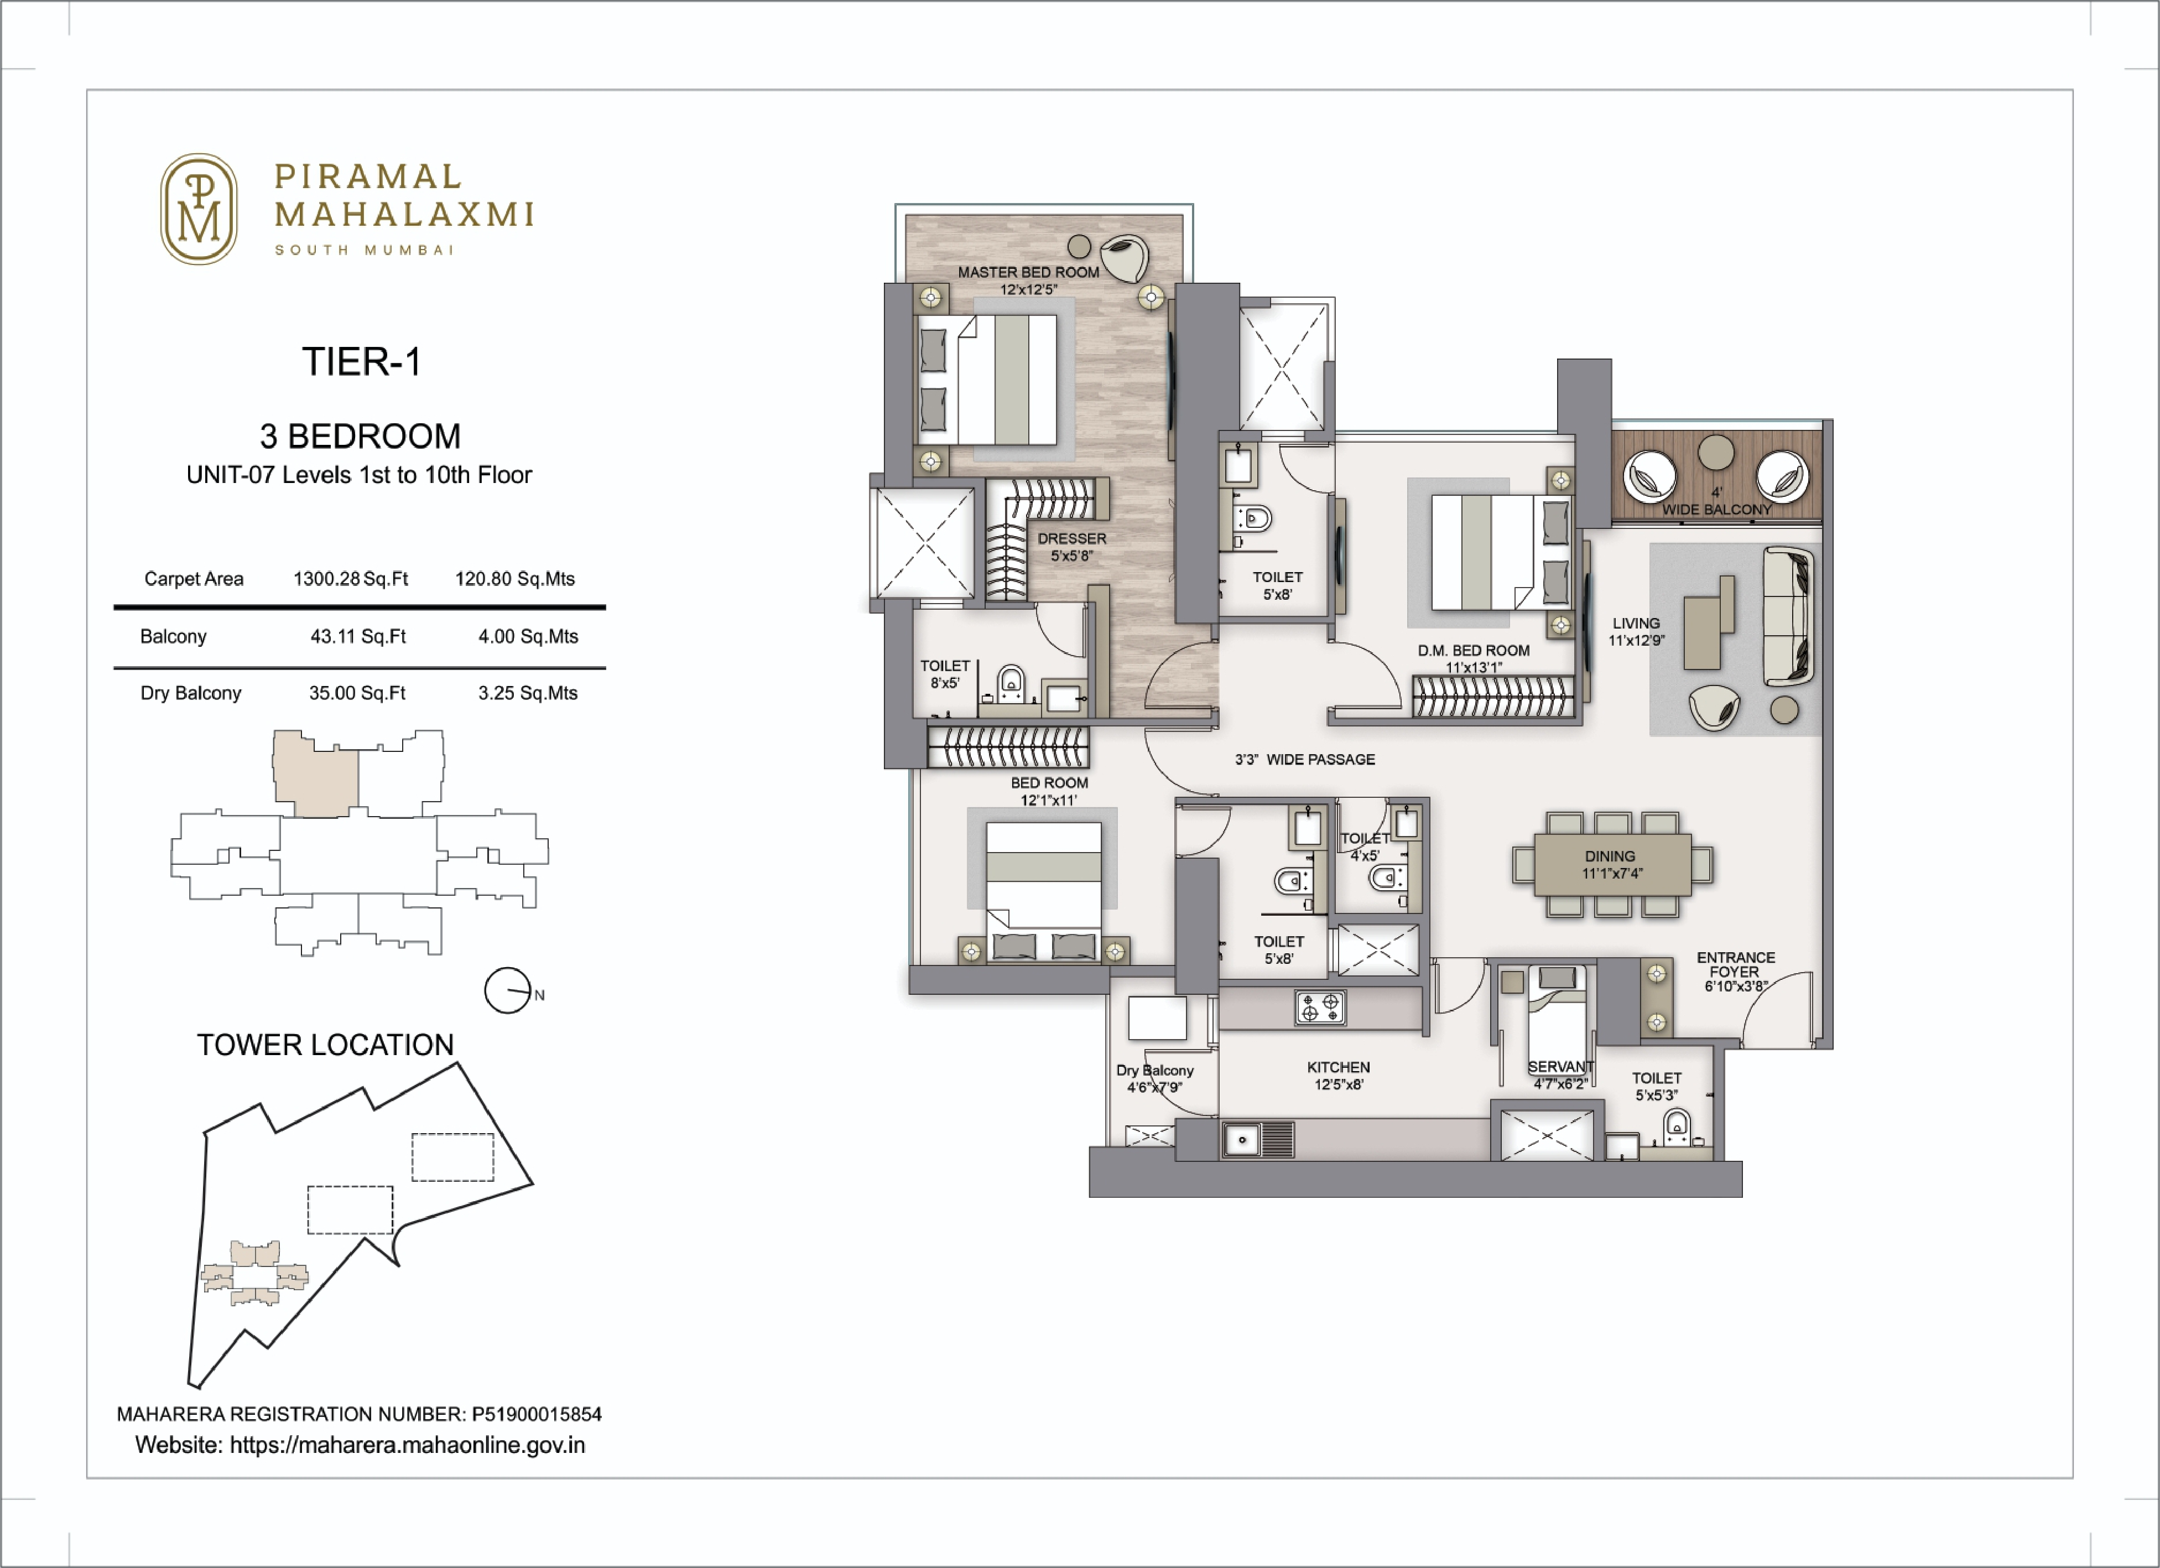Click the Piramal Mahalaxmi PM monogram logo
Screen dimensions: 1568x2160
198,209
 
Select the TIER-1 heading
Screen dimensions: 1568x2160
361,362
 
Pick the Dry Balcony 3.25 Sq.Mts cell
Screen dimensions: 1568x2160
528,693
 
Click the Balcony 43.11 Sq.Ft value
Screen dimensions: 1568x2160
357,636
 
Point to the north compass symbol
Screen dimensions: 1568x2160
508,991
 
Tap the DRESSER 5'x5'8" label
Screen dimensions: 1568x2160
1071,546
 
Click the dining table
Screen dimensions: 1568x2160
1611,864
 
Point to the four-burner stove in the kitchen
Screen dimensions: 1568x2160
1320,1007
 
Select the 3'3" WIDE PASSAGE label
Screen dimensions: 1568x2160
1305,759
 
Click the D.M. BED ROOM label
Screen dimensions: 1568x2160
1474,651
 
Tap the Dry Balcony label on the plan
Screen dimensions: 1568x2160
1154,1071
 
